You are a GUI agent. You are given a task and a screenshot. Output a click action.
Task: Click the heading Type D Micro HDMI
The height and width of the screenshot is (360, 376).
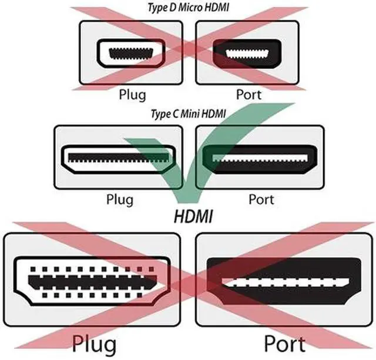[x=187, y=8]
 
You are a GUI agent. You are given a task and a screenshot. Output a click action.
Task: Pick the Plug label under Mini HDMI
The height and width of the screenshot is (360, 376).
[x=120, y=199]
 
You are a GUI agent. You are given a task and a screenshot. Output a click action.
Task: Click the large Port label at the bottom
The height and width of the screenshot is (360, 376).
[x=284, y=342]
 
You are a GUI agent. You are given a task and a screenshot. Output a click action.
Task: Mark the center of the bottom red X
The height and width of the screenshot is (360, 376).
[x=188, y=288]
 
